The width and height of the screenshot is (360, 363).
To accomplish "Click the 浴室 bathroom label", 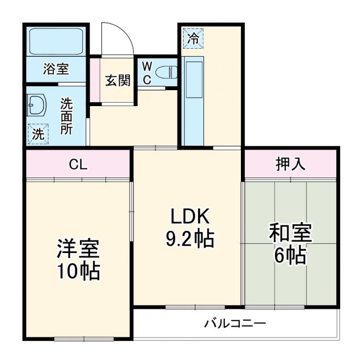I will pyautogui.click(x=56, y=69).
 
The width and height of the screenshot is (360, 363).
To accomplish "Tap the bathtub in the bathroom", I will pyautogui.click(x=56, y=41).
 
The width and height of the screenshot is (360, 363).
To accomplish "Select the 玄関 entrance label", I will pyautogui.click(x=117, y=80).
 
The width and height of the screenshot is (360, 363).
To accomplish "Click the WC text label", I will pyautogui.click(x=146, y=73).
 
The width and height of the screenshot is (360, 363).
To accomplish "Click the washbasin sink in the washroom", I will pyautogui.click(x=38, y=105).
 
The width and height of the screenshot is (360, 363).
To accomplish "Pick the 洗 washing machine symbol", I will pyautogui.click(x=38, y=134).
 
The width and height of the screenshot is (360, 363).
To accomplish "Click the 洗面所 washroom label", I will pyautogui.click(x=67, y=116).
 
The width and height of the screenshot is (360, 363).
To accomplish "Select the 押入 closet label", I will pyautogui.click(x=290, y=164).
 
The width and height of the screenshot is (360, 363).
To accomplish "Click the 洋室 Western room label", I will pyautogui.click(x=78, y=248).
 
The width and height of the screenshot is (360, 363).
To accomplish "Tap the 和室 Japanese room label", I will pyautogui.click(x=290, y=233).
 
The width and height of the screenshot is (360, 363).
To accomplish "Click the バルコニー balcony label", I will pyautogui.click(x=235, y=324).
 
